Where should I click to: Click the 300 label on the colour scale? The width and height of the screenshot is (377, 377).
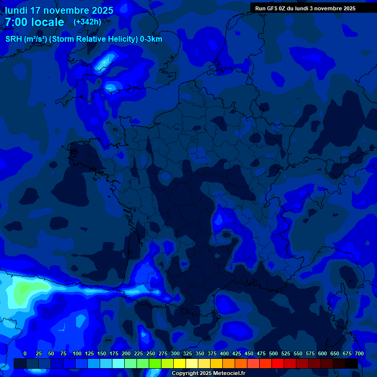point(175,353)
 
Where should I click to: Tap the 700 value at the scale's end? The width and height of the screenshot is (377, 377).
point(359,353)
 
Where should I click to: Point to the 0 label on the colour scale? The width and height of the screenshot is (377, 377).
point(25,353)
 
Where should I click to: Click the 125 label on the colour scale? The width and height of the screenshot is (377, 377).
point(89,353)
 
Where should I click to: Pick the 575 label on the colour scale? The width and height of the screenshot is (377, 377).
point(310,353)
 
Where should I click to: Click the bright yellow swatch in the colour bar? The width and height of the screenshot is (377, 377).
point(179,364)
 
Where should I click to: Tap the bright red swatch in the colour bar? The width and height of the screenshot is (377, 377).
point(277,364)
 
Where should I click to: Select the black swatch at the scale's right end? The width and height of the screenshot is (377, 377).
point(351,364)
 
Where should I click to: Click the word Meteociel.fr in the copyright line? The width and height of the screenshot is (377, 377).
point(229,374)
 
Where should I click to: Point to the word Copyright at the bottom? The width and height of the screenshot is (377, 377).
point(185,374)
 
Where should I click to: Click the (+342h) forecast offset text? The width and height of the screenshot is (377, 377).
point(87,22)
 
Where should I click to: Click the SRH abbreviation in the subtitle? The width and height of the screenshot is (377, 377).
point(13,39)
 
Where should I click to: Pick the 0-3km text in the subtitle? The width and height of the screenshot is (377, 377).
point(151,39)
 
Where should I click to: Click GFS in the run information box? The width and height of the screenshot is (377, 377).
point(270,8)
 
